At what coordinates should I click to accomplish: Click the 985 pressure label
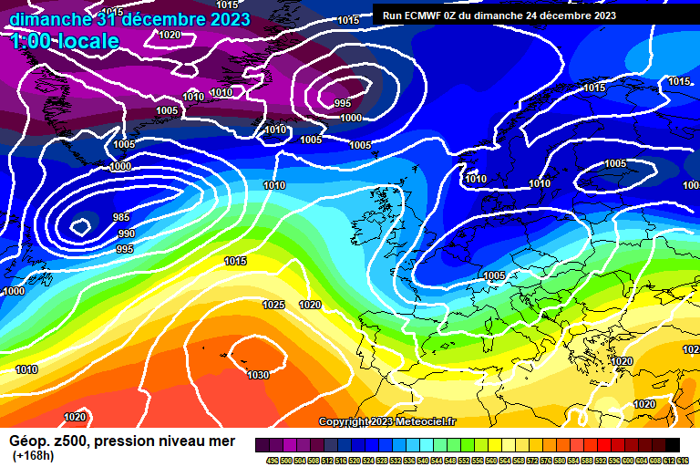coord(121,217)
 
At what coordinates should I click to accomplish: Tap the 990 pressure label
coord(127,234)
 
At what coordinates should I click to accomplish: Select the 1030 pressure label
coord(258,375)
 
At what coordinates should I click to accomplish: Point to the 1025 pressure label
coord(273,305)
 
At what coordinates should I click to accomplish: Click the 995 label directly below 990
coord(125,249)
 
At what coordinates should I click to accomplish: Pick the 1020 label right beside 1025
coord(310,305)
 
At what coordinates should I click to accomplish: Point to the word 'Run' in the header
coord(393,16)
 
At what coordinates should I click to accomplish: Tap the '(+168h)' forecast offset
coord(33,456)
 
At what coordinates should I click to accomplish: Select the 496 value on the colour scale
coord(272,461)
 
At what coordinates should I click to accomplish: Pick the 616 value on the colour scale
coord(683,461)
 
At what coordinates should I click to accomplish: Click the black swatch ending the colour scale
coord(672,444)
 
